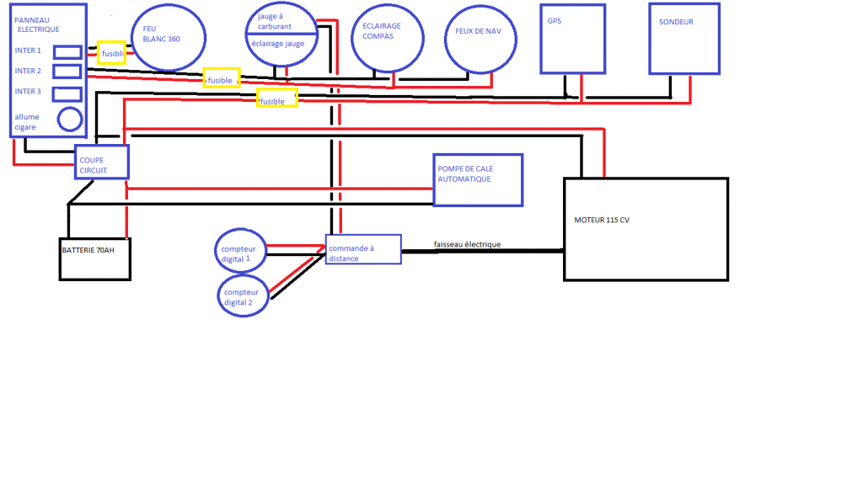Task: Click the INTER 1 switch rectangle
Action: click(x=67, y=52)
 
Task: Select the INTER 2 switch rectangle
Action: click(x=67, y=72)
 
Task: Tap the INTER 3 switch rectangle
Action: click(x=67, y=93)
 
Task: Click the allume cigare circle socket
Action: click(x=70, y=120)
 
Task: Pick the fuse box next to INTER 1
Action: click(x=112, y=52)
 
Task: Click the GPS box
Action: click(x=572, y=38)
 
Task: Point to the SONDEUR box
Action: click(x=683, y=38)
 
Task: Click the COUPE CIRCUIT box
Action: click(x=103, y=161)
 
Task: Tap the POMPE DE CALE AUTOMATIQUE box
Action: click(x=477, y=179)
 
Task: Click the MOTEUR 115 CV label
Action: click(x=603, y=220)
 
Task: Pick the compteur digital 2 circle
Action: click(x=243, y=296)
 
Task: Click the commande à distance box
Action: click(x=363, y=249)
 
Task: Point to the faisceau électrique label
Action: click(x=467, y=244)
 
